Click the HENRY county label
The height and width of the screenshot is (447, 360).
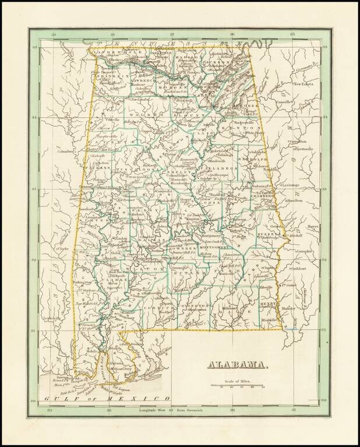pos(267,304)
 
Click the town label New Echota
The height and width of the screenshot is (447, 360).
pos(303,84)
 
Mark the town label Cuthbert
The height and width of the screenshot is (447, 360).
pos(299,269)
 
